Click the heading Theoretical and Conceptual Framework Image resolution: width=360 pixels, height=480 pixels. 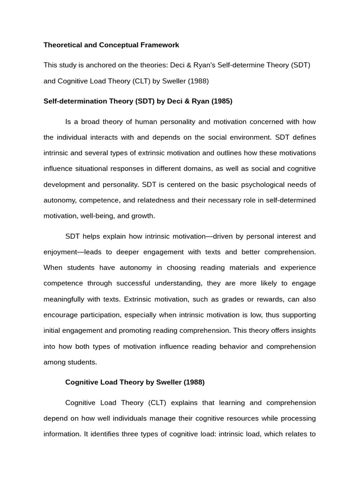pyautogui.click(x=111, y=45)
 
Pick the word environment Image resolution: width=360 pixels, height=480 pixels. pyautogui.click(x=247, y=137)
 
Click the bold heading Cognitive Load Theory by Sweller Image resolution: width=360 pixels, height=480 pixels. pyautogui.click(x=135, y=382)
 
